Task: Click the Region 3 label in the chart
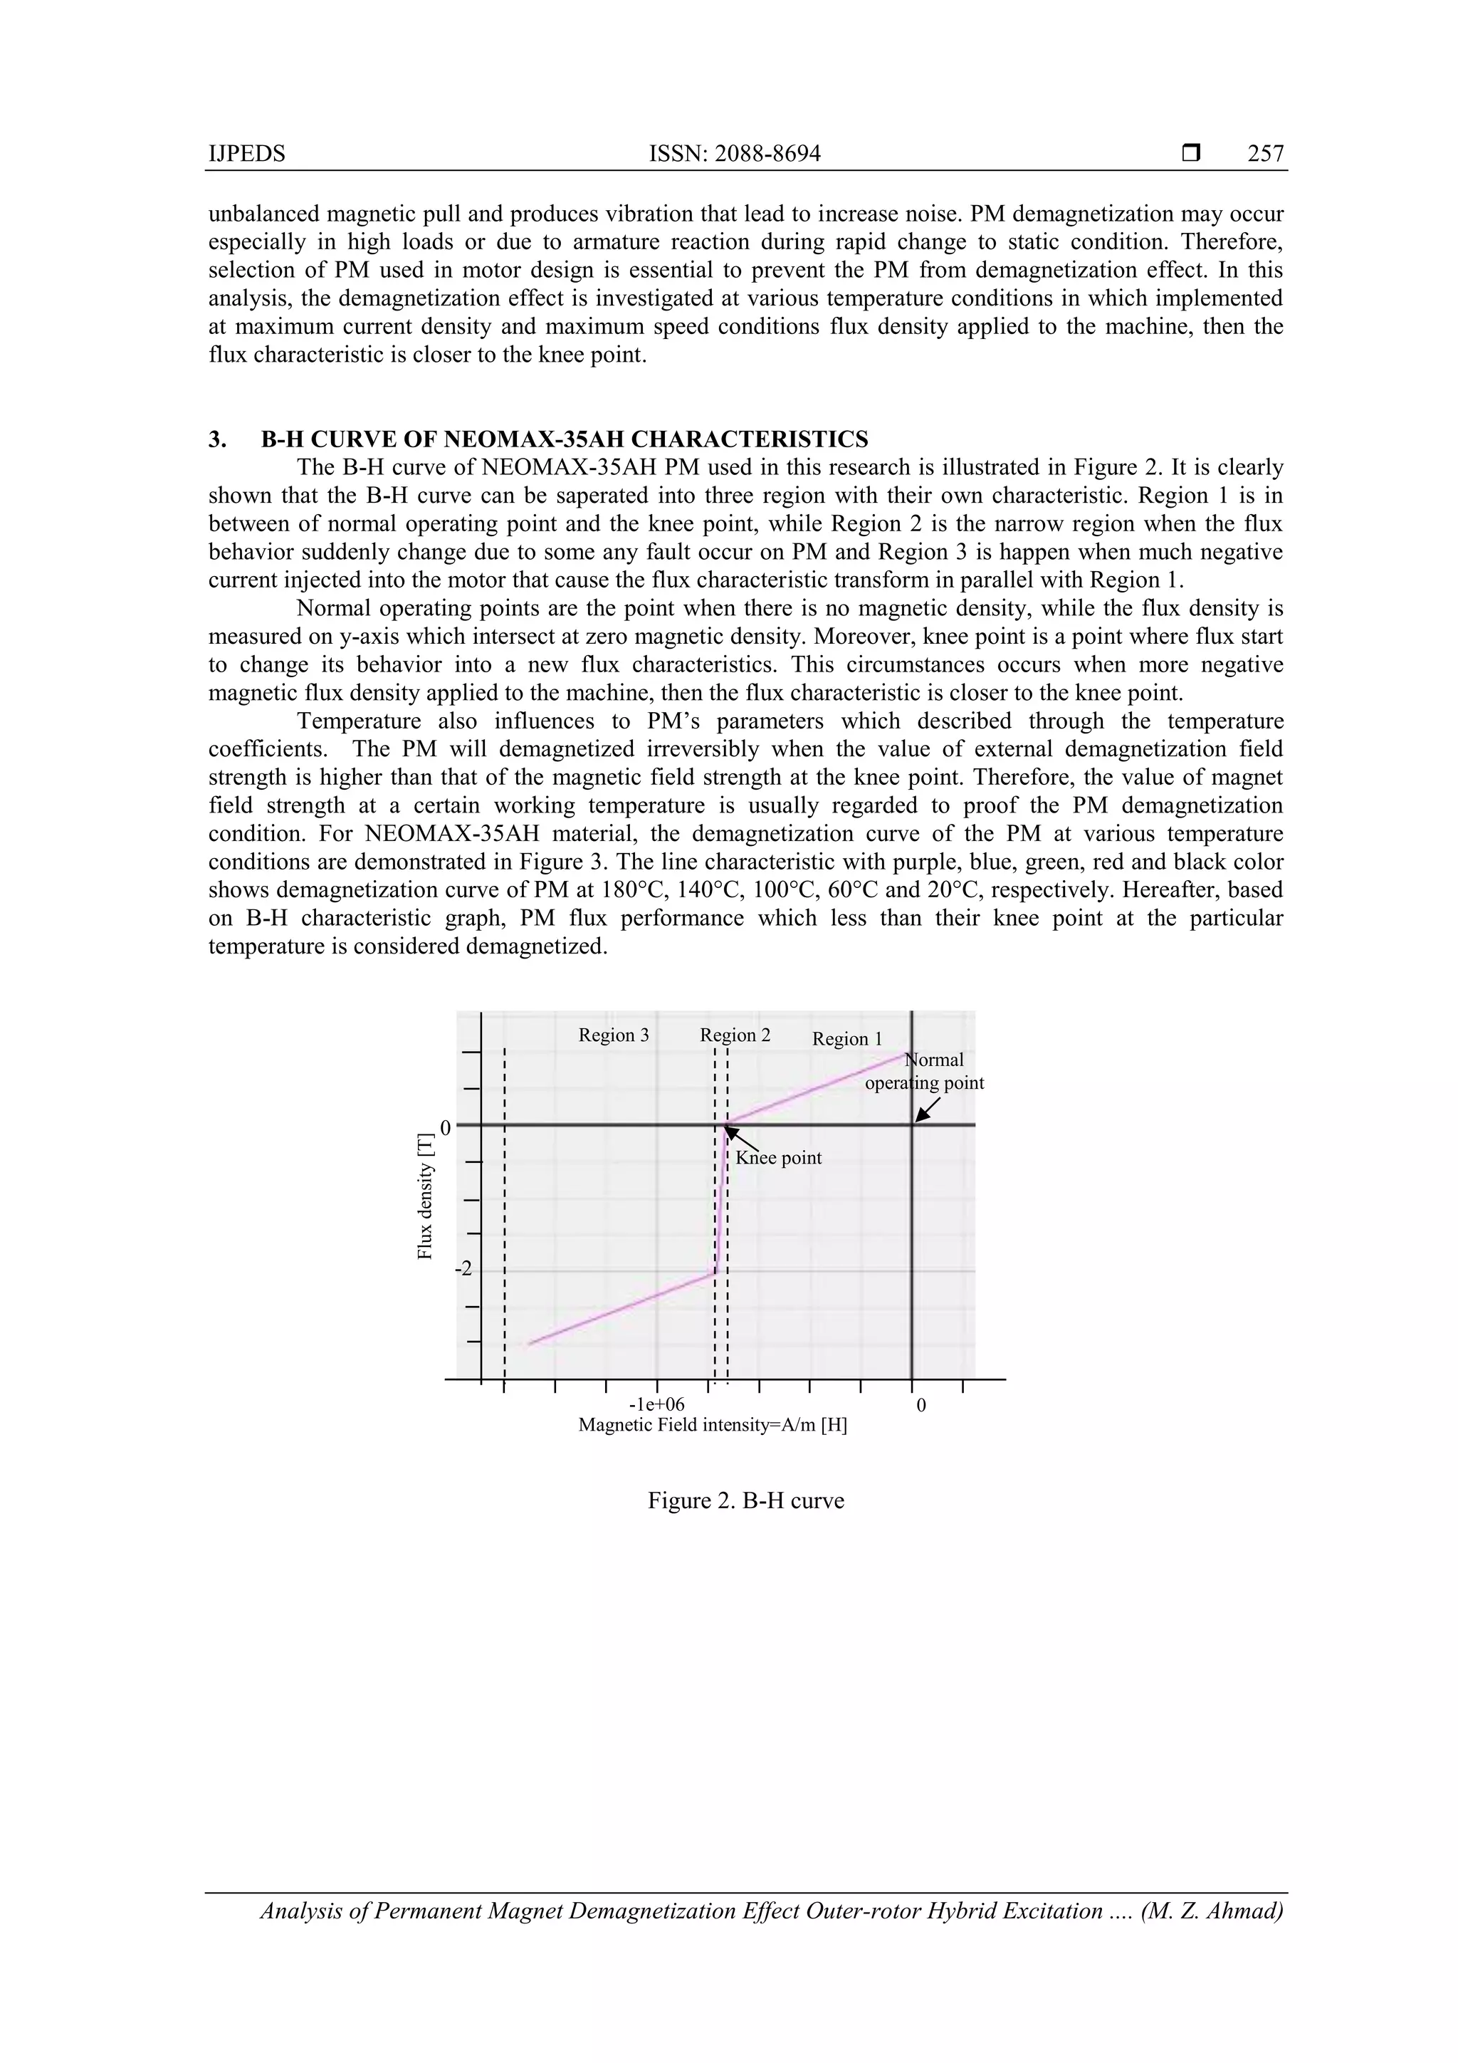tap(613, 1035)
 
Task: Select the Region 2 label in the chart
tap(735, 1035)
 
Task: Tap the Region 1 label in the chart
tap(846, 1040)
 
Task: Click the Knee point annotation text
tap(778, 1158)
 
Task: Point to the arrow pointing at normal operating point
tap(926, 1112)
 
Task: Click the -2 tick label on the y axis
tap(463, 1270)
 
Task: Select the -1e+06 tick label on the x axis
tap(656, 1404)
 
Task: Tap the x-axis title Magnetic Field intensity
tap(713, 1425)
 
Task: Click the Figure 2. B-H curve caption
tap(745, 1501)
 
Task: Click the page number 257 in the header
tap(1265, 154)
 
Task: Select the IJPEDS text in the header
tap(246, 154)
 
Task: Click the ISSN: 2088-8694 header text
tap(734, 154)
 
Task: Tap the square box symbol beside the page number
tap(1191, 154)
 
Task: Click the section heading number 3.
tap(216, 439)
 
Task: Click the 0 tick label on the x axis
tap(920, 1404)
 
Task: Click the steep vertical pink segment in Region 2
tap(720, 1199)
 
